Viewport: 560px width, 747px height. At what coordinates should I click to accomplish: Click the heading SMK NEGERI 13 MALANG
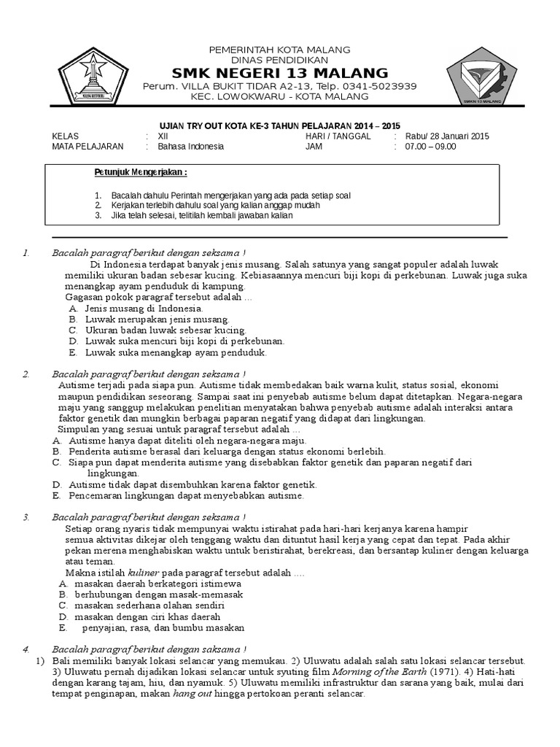pyautogui.click(x=279, y=72)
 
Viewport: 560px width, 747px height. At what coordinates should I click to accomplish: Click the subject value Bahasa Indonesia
pyautogui.click(x=190, y=146)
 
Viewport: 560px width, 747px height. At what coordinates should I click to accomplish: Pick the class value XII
pyautogui.click(x=163, y=136)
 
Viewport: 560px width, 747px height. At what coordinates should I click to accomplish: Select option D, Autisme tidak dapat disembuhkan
pyautogui.click(x=192, y=484)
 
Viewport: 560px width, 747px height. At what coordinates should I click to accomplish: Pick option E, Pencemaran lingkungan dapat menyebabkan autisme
pyautogui.click(x=186, y=495)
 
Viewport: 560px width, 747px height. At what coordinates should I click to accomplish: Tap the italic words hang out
pyautogui.click(x=192, y=694)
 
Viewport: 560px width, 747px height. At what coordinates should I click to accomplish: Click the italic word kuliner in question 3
pyautogui.click(x=143, y=573)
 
